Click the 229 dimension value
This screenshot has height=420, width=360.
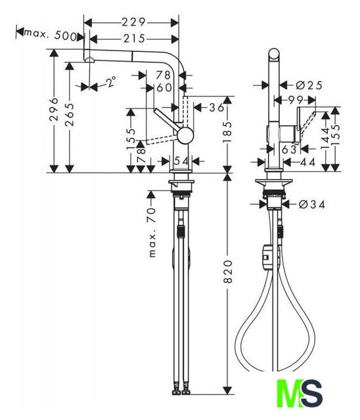(133, 22)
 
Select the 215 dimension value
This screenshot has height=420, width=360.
(134, 39)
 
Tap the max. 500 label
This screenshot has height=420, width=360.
(51, 35)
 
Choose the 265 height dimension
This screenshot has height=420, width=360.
(70, 114)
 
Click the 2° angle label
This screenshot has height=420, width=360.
(111, 81)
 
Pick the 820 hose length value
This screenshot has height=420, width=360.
(227, 271)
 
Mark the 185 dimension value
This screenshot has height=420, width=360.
(227, 132)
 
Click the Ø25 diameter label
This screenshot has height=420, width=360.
(309, 85)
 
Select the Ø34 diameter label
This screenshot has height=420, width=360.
(312, 205)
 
